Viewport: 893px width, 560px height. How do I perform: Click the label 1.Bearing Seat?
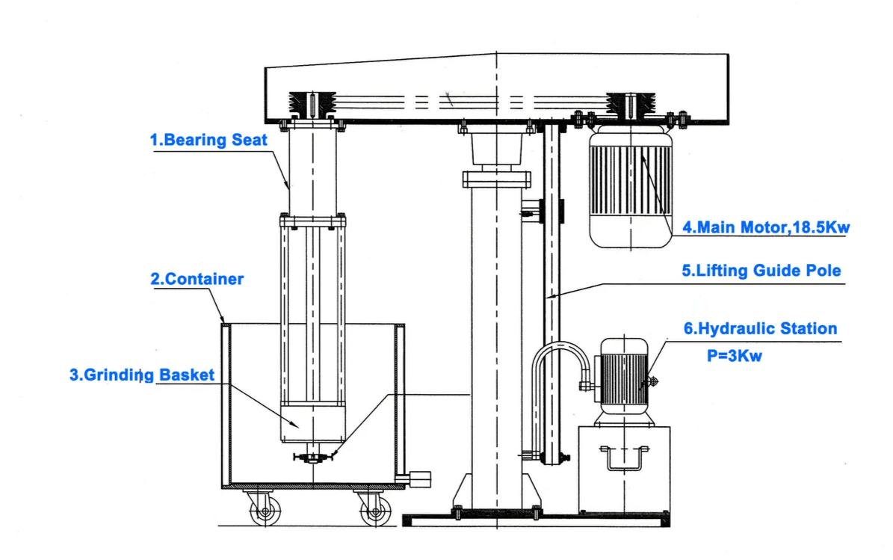click(209, 140)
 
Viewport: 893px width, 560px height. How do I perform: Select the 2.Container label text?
click(197, 280)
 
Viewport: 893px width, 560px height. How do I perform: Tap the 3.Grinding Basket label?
click(142, 375)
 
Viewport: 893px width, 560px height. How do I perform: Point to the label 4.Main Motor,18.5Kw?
click(766, 227)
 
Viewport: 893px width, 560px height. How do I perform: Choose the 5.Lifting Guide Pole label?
click(761, 271)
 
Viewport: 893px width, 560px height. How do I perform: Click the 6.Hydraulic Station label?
click(761, 328)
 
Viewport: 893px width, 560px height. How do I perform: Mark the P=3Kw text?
click(735, 356)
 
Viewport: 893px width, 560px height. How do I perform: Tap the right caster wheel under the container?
click(374, 512)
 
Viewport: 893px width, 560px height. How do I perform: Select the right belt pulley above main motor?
click(631, 105)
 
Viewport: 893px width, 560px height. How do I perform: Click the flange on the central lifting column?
click(495, 179)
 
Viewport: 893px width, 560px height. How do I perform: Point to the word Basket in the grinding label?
click(187, 375)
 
